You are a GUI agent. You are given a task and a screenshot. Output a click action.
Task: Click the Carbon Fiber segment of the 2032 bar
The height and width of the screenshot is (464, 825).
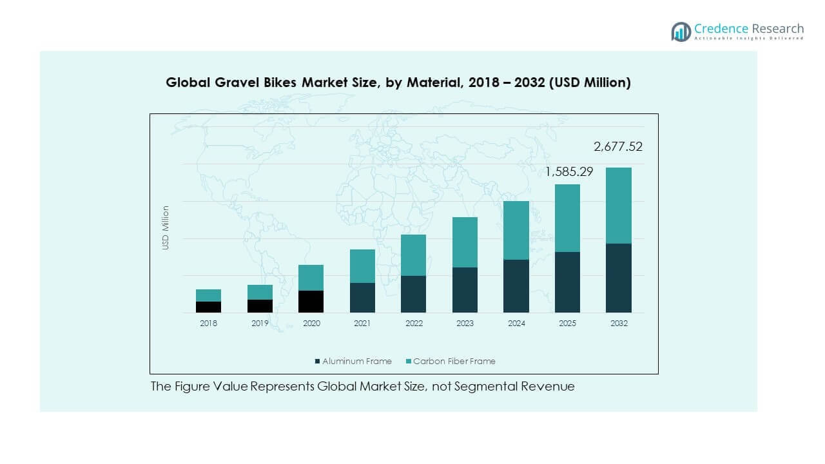(x=618, y=205)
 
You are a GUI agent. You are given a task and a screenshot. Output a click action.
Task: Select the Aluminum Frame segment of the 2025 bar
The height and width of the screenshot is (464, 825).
(x=567, y=282)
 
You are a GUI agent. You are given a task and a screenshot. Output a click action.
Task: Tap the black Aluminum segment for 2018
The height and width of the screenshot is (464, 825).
(x=208, y=307)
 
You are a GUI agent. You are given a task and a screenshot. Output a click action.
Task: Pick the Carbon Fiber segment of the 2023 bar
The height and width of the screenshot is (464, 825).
(x=465, y=242)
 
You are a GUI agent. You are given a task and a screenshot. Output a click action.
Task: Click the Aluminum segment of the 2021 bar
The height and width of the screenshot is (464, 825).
(x=362, y=298)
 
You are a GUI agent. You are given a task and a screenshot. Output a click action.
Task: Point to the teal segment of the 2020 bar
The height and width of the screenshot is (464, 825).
(x=311, y=277)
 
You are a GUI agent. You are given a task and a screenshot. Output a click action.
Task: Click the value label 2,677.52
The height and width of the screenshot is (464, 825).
(x=617, y=147)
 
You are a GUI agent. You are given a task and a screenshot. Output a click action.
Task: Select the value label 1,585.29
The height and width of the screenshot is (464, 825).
(x=569, y=172)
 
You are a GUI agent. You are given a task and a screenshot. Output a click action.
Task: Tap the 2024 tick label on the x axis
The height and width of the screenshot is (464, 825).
(x=516, y=324)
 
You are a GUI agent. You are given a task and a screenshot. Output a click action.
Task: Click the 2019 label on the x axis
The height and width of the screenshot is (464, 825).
(x=260, y=324)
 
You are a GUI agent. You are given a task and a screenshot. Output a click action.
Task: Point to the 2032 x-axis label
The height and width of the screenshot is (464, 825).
(x=619, y=324)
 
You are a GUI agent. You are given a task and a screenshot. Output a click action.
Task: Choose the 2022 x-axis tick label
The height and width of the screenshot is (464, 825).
(x=414, y=324)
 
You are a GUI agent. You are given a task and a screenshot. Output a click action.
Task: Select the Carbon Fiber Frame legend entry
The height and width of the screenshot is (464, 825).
(x=454, y=362)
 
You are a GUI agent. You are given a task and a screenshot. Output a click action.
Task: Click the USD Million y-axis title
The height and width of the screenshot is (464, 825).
(x=166, y=227)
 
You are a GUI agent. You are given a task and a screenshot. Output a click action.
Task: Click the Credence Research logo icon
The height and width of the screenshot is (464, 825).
(x=681, y=32)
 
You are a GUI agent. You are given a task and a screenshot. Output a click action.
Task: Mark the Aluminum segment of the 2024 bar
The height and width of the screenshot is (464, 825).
(x=516, y=286)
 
